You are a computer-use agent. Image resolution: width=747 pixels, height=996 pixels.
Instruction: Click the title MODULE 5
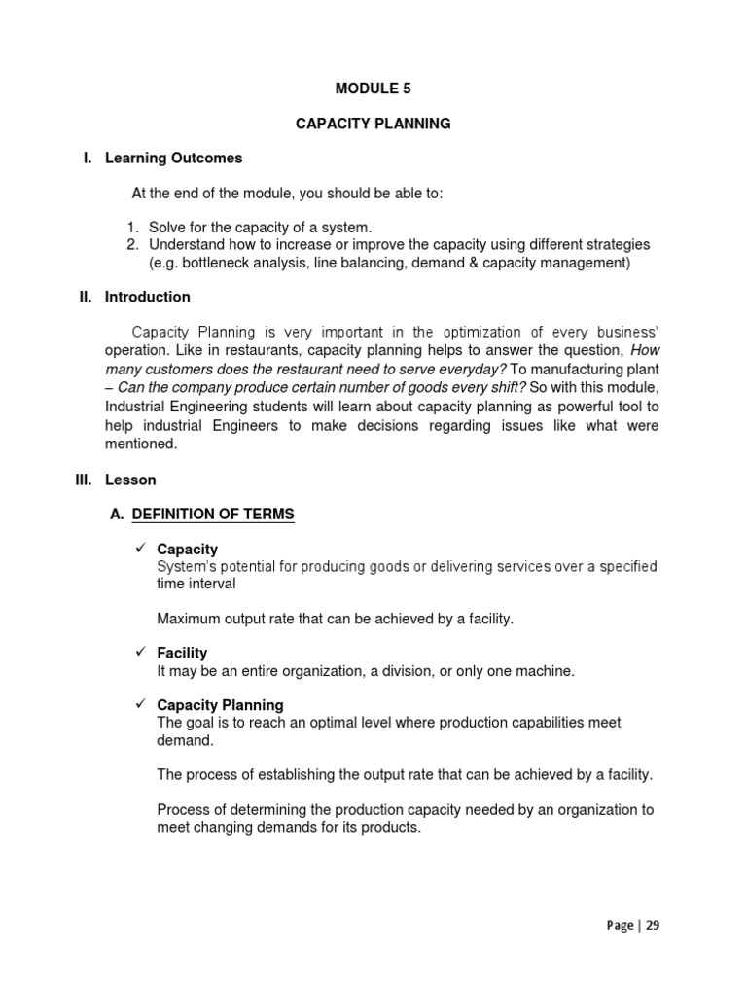(373, 88)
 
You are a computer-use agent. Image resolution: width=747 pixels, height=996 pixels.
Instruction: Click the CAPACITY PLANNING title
(373, 124)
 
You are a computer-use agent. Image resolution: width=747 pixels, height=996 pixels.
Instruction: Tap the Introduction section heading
(148, 297)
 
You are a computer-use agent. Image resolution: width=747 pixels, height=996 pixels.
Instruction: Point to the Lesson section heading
(130, 480)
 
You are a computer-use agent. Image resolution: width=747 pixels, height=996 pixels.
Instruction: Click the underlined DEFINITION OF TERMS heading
(213, 515)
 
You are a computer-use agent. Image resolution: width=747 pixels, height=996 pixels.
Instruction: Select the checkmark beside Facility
(139, 653)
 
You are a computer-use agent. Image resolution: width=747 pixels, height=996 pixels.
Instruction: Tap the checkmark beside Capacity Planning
(139, 704)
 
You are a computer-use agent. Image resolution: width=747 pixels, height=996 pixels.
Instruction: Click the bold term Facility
(182, 654)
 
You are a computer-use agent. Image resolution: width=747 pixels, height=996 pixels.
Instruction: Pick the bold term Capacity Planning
(220, 705)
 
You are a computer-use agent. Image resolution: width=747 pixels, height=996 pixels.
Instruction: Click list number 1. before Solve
(134, 227)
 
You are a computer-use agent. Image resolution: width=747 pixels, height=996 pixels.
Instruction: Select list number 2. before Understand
(134, 244)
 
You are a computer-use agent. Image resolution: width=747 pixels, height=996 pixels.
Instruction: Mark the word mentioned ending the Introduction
(141, 444)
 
